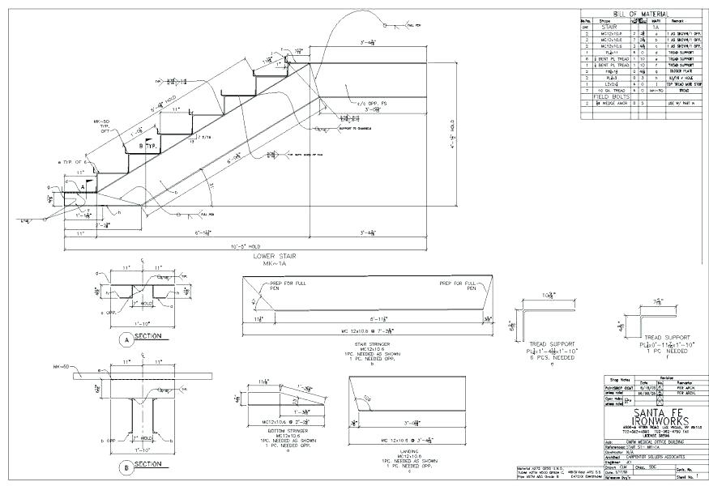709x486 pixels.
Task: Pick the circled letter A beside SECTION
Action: pyautogui.click(x=124, y=339)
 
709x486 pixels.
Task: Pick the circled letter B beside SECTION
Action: pyautogui.click(x=124, y=467)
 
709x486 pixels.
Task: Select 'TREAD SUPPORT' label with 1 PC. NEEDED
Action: pyautogui.click(x=666, y=335)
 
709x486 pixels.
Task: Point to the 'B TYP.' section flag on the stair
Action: pyautogui.click(x=147, y=147)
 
